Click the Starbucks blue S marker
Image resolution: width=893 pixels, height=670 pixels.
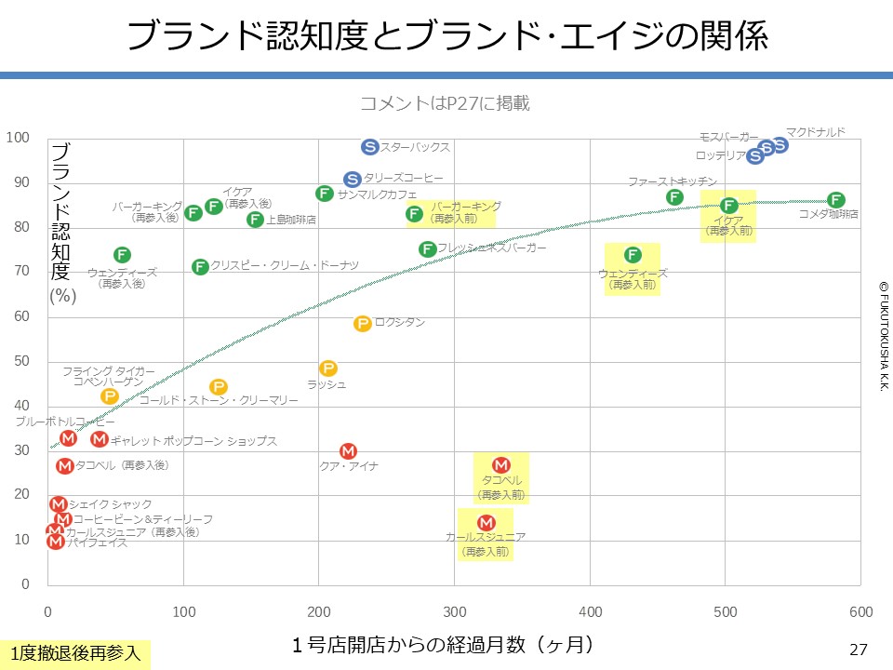coord(369,147)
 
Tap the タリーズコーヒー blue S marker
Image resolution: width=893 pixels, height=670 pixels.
coord(352,179)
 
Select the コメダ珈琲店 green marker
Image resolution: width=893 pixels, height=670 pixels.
coord(835,200)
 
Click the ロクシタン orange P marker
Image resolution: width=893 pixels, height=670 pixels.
coord(363,324)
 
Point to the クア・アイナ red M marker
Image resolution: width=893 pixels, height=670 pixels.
coord(348,451)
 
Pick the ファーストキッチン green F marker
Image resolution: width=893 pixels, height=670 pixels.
coord(674,196)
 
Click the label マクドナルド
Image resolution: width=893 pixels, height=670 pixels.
coord(816,132)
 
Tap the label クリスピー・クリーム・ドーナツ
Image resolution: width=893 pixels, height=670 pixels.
coord(285,266)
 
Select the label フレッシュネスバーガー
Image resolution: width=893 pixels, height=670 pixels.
coord(491,248)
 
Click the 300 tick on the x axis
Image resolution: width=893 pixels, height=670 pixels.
coord(455,611)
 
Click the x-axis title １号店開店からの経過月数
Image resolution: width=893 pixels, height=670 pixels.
coord(442,643)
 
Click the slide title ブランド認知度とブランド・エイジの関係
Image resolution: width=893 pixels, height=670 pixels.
coord(446,36)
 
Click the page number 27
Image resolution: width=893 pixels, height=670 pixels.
coord(859,650)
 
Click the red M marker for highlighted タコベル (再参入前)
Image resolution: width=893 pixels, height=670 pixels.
coord(500,465)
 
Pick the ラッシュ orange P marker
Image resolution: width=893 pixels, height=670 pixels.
coord(327,368)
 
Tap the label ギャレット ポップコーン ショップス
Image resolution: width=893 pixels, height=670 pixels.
coord(193,441)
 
